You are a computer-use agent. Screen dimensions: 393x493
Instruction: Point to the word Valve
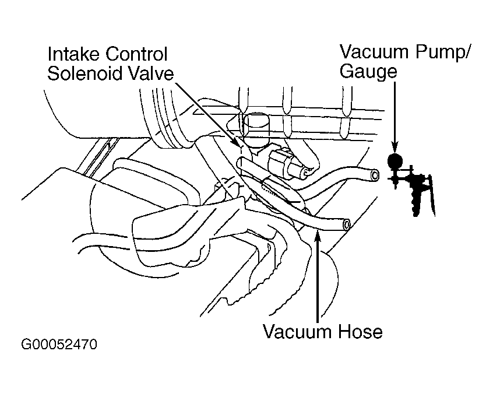pos(154,74)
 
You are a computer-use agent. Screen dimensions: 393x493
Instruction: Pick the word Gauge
pos(368,72)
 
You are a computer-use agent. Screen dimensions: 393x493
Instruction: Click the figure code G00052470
pos(59,345)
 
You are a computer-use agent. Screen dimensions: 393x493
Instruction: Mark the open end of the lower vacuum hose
pos(347,224)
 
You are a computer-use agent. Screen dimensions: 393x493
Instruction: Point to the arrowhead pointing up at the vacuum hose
pos(317,236)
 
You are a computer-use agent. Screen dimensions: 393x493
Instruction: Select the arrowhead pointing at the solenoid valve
pos(236,142)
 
